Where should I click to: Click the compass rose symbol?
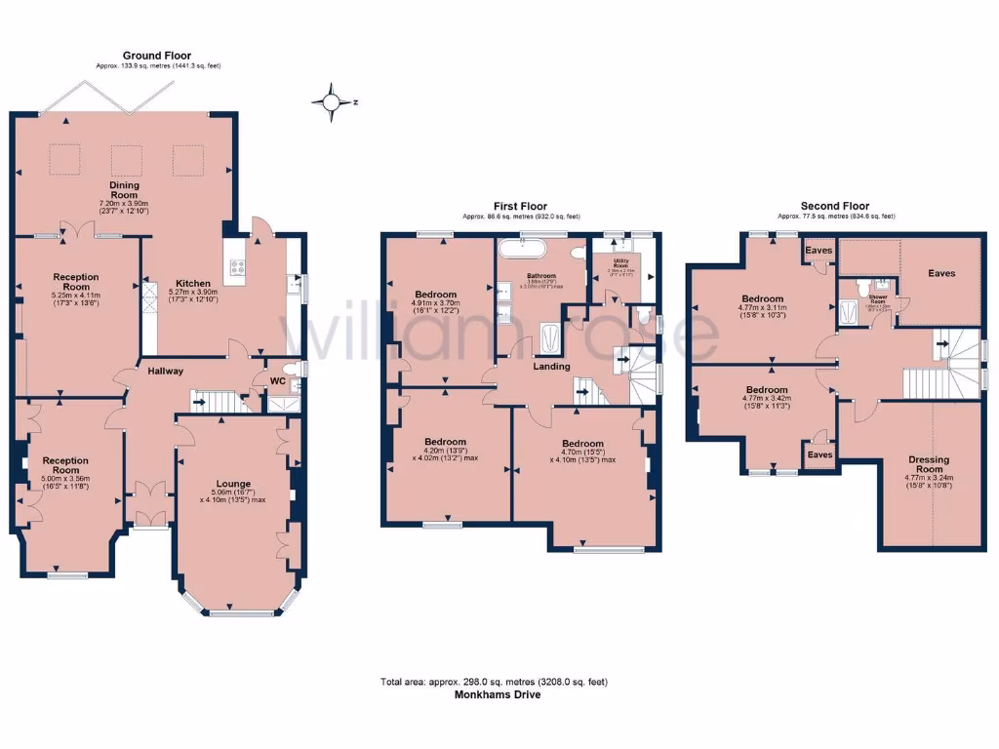click(333, 101)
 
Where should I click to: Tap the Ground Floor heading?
click(156, 56)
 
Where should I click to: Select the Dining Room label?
click(124, 190)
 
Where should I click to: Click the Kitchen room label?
click(193, 283)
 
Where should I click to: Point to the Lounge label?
click(233, 484)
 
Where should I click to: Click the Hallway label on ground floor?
click(166, 371)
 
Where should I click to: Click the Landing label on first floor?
click(551, 367)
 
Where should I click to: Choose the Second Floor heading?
click(835, 206)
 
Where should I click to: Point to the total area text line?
click(493, 682)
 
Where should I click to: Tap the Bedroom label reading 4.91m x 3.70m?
click(435, 295)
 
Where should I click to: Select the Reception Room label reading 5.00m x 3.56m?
click(64, 460)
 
